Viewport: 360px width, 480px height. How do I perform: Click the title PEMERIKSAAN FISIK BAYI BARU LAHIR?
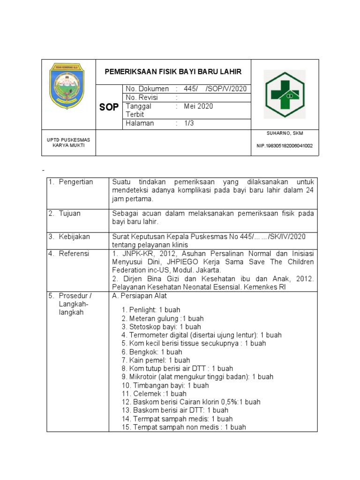point(173,72)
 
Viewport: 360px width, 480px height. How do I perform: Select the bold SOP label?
point(109,107)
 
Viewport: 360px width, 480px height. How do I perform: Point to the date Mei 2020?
point(198,106)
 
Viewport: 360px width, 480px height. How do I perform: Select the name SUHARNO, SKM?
point(285,134)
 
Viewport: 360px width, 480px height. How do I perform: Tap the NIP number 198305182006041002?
point(285,146)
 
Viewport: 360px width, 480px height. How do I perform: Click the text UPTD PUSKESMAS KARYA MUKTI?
point(68,142)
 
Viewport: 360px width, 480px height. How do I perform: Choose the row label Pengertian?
point(76,182)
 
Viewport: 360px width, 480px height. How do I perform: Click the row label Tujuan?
point(69,214)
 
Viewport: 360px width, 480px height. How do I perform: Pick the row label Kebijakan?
point(74,237)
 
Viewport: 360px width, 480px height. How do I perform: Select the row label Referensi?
point(74,254)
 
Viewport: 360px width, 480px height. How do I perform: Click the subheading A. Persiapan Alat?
point(140,296)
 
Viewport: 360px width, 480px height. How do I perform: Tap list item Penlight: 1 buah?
point(150,310)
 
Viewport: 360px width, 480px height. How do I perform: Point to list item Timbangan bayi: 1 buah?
point(165,385)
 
